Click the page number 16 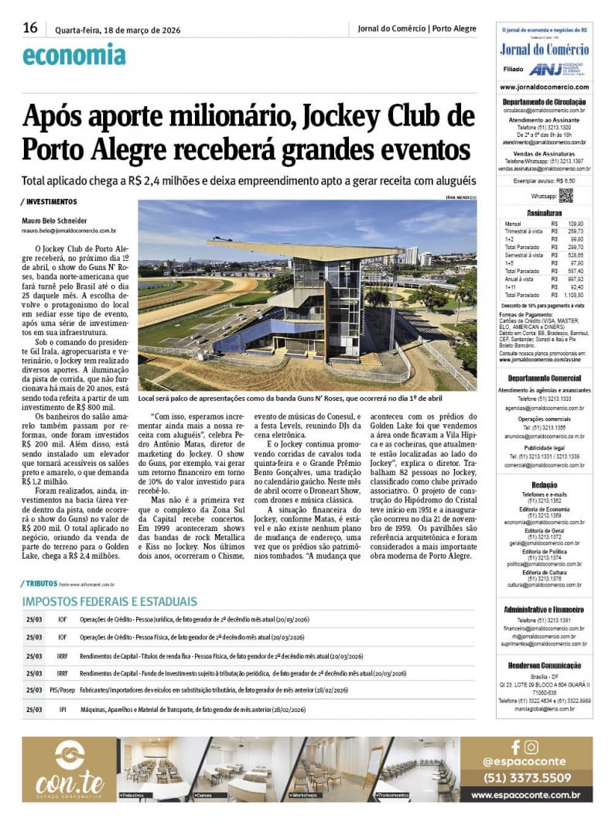(30, 29)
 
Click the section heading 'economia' (73, 56)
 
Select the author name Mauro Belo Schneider (54, 221)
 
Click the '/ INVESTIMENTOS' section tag (50, 202)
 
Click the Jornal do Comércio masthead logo (544, 50)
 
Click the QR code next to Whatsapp (565, 196)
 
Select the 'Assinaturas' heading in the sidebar (544, 212)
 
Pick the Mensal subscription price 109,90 (576, 223)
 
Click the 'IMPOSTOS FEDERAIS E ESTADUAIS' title (109, 601)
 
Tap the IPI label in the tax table (63, 708)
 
